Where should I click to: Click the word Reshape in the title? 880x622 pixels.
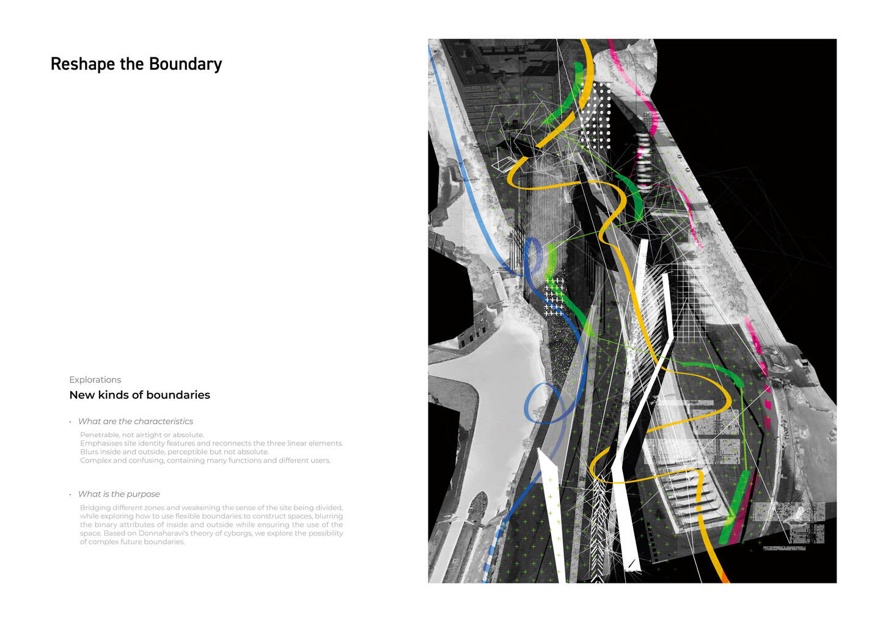pos(83,64)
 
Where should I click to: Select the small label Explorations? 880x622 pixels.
pos(95,379)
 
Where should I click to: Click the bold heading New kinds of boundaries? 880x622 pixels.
pos(139,395)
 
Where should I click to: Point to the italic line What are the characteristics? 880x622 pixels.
pos(136,422)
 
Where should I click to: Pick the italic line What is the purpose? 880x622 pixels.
pos(119,494)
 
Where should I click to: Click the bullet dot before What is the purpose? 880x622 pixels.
pos(70,494)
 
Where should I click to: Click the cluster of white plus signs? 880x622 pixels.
pos(554,297)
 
